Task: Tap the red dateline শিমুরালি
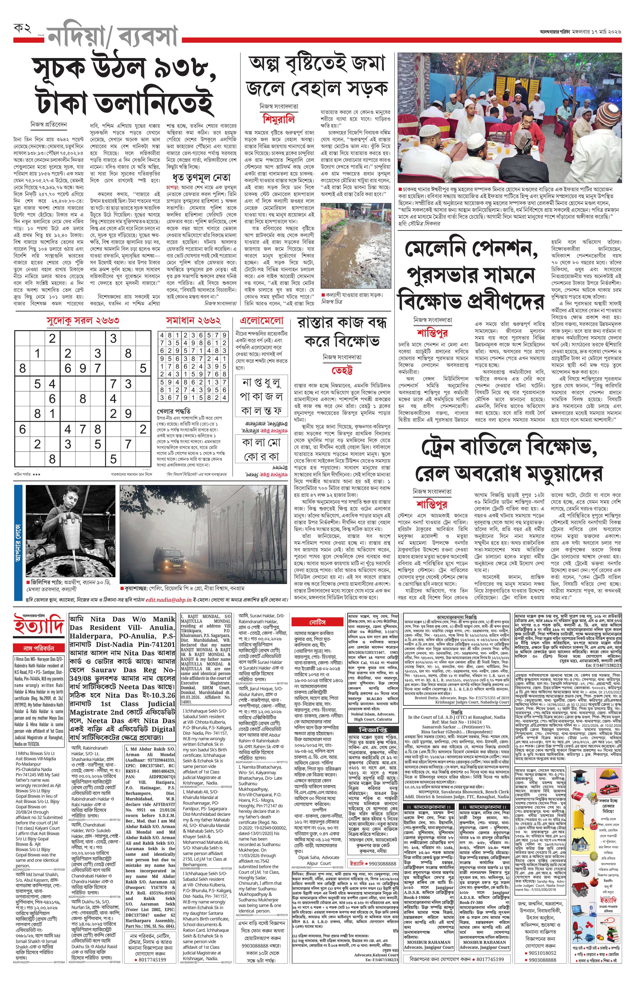[x=279, y=120]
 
